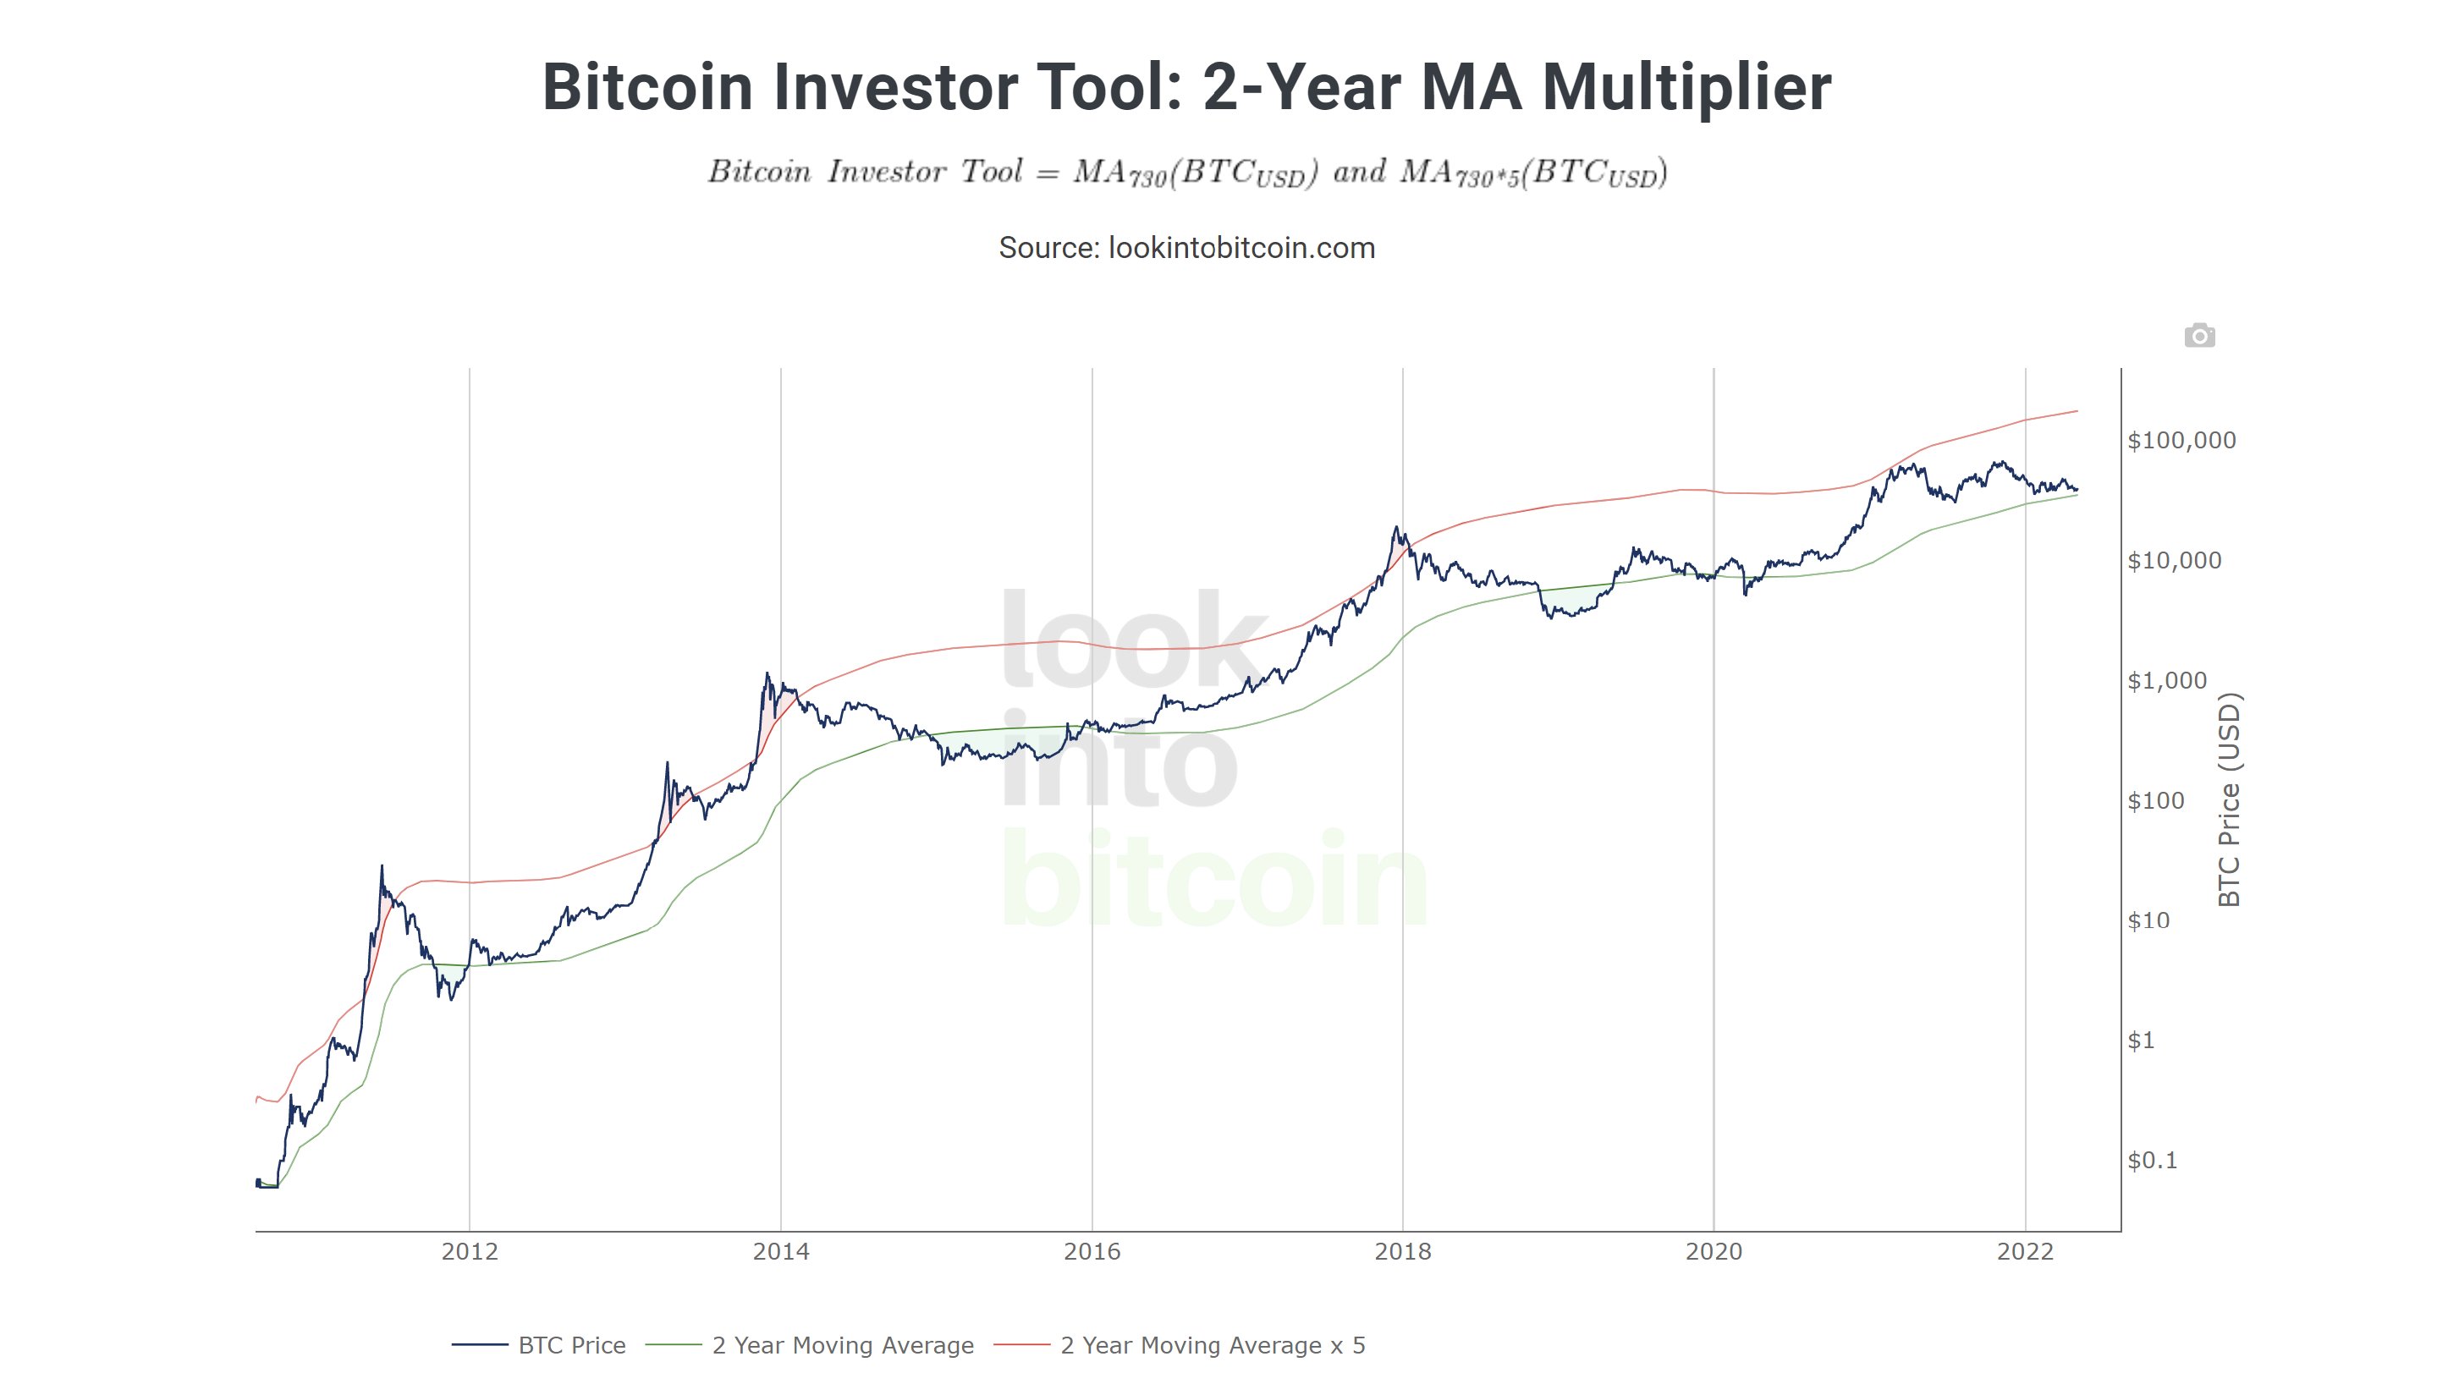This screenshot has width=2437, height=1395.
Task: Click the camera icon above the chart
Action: pyautogui.click(x=2198, y=337)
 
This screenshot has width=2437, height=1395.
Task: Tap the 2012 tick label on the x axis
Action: pyautogui.click(x=470, y=1251)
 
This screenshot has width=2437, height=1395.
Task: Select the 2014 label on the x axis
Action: pyautogui.click(x=780, y=1251)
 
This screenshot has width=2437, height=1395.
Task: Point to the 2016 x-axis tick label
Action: pyautogui.click(x=1092, y=1251)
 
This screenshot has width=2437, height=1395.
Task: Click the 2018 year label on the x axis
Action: pyautogui.click(x=1402, y=1251)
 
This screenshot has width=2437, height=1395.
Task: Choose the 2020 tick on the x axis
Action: pyautogui.click(x=1714, y=1251)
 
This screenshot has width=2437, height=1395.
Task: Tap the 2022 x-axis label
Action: pyautogui.click(x=2025, y=1251)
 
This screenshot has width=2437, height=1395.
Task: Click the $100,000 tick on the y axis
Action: pyautogui.click(x=2181, y=441)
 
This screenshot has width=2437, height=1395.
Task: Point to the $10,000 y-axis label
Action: pyautogui.click(x=2174, y=561)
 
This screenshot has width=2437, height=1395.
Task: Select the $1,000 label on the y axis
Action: pyautogui.click(x=2167, y=681)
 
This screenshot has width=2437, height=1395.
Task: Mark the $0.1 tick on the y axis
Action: pyautogui.click(x=2153, y=1162)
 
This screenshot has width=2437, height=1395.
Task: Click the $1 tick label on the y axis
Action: pyautogui.click(x=2141, y=1041)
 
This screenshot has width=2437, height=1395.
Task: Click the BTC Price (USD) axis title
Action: pyautogui.click(x=2230, y=800)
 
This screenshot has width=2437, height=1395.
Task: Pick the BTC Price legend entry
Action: pyautogui.click(x=571, y=1345)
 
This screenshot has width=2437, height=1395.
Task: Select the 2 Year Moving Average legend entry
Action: pyautogui.click(x=842, y=1345)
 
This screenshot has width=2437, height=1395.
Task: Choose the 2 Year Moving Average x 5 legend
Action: pyautogui.click(x=1213, y=1345)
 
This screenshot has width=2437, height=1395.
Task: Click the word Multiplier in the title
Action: pyautogui.click(x=1686, y=87)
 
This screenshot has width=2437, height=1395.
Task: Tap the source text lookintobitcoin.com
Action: pyautogui.click(x=1241, y=248)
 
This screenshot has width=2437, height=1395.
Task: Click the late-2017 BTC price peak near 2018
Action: pyautogui.click(x=1396, y=528)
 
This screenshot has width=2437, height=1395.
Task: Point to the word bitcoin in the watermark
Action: pyautogui.click(x=1213, y=880)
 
